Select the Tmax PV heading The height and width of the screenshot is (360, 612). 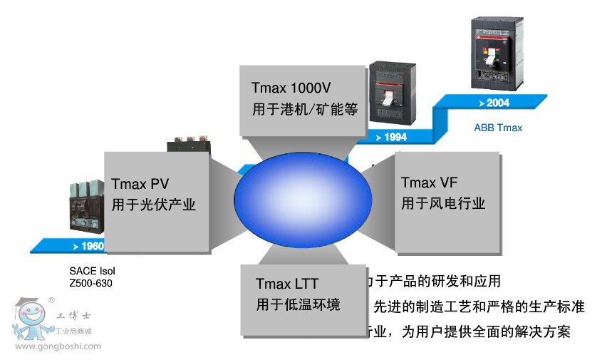[140, 185]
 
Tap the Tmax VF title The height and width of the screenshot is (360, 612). [429, 182]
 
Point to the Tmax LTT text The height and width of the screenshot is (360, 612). [287, 284]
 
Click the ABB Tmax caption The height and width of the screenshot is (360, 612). [498, 128]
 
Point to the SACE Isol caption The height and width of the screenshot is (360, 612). [92, 272]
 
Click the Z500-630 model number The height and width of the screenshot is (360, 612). [90, 284]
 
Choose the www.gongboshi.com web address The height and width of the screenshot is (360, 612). [58, 347]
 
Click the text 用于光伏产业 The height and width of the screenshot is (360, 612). [154, 205]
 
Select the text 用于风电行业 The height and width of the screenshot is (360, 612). [443, 203]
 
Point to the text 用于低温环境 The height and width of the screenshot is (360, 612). [298, 304]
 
